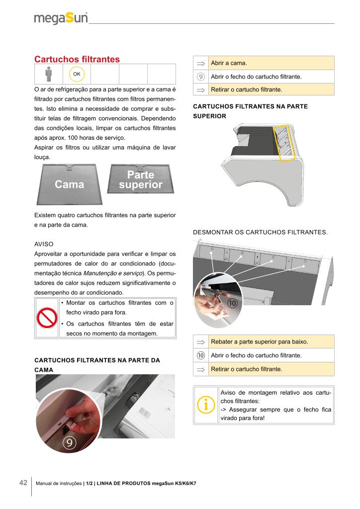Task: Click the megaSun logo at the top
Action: click(x=61, y=18)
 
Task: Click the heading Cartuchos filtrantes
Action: click(x=77, y=59)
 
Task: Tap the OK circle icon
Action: click(x=77, y=74)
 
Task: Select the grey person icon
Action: click(x=48, y=74)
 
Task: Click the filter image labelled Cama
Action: click(x=69, y=184)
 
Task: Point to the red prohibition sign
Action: click(x=46, y=318)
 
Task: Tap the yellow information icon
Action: click(x=205, y=405)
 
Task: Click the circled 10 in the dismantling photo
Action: click(x=233, y=303)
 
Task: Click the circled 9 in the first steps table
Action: click(x=201, y=77)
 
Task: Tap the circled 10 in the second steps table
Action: click(x=201, y=355)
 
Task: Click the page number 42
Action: click(x=23, y=483)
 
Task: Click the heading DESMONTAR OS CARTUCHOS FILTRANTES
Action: click(x=260, y=232)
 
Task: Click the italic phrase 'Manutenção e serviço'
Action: click(x=114, y=273)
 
